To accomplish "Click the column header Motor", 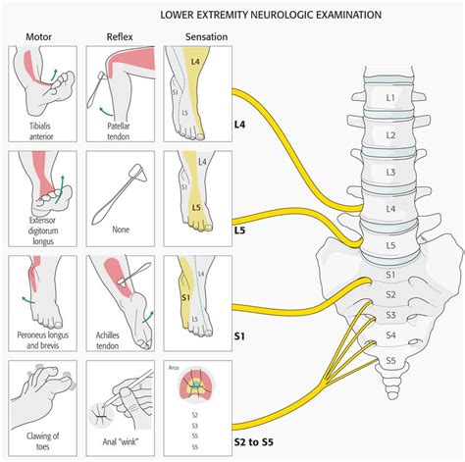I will tap(38, 36).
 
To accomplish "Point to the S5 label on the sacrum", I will tap(391, 360).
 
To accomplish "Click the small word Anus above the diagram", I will tap(173, 369).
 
